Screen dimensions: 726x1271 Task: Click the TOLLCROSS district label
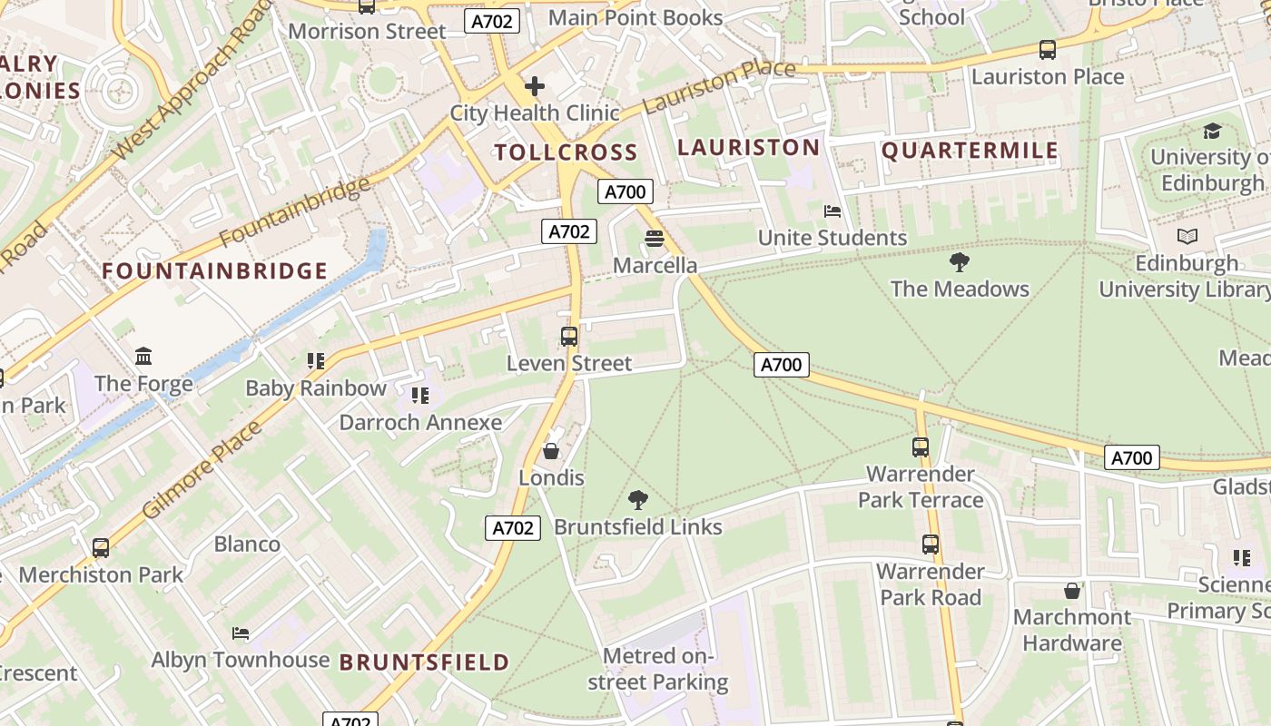(566, 152)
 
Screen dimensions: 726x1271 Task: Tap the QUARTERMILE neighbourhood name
(970, 151)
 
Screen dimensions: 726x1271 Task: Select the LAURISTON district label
(748, 147)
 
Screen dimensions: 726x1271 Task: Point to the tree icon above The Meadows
(959, 263)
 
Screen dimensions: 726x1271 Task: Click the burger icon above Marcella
(654, 239)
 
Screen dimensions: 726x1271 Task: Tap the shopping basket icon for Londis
(550, 451)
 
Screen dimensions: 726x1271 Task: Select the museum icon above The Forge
(143, 357)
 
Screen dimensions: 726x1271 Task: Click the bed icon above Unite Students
(832, 211)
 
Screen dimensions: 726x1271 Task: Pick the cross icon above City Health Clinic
(535, 86)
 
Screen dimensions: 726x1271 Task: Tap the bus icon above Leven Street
(568, 337)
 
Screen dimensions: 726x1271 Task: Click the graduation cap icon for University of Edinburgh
(1212, 132)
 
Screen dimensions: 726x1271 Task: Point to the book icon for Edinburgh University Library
(1187, 237)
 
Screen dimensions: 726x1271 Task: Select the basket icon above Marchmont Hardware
(1072, 591)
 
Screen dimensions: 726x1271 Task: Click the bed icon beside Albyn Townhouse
(240, 633)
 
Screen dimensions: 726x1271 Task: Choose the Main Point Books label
(635, 17)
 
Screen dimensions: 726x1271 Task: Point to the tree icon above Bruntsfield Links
(638, 500)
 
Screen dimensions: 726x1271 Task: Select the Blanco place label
(247, 544)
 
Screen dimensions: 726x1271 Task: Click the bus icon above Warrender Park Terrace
(921, 447)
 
